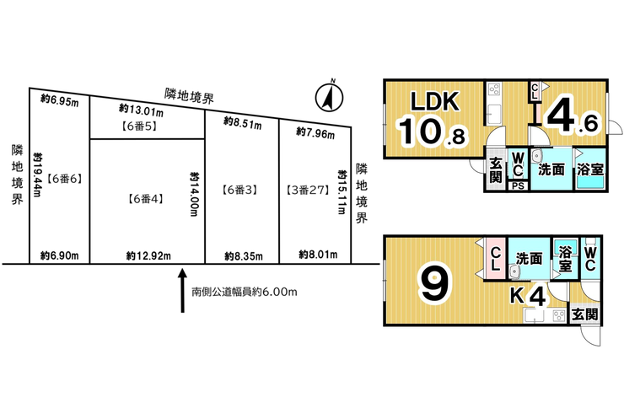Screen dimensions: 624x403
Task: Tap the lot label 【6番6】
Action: (65, 179)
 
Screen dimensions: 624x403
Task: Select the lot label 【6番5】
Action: (139, 126)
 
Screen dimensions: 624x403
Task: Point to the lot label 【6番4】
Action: (146, 199)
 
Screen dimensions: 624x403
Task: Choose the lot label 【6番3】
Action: (239, 191)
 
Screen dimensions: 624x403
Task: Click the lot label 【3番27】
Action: (309, 191)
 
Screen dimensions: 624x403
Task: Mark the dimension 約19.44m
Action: (37, 175)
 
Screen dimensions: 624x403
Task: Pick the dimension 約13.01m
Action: (141, 110)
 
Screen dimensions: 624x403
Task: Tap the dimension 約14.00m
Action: (194, 194)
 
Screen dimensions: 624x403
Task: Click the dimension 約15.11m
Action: (342, 192)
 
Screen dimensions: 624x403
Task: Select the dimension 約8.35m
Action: (244, 255)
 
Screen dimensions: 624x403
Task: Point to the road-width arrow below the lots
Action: (182, 291)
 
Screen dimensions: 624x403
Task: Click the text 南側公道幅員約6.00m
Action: (245, 292)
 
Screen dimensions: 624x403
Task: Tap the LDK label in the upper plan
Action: (435, 101)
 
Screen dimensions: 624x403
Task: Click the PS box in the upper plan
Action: (518, 186)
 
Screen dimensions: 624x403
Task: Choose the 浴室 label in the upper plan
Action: (590, 169)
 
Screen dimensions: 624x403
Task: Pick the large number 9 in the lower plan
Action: (434, 282)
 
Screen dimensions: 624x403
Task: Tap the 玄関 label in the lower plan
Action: (584, 315)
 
